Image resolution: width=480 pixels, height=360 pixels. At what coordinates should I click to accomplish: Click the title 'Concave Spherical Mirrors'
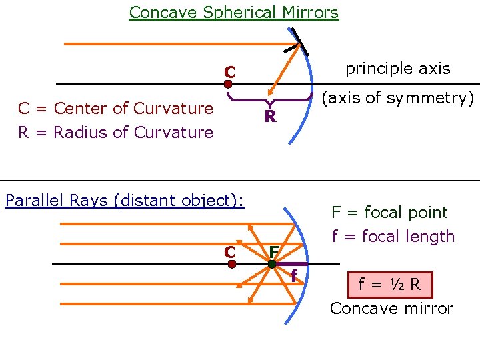click(233, 12)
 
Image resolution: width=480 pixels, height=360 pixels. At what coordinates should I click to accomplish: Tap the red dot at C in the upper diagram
click(228, 85)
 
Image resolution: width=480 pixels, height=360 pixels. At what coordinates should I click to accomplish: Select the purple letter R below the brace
click(270, 117)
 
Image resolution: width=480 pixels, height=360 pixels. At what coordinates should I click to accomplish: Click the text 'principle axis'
click(397, 69)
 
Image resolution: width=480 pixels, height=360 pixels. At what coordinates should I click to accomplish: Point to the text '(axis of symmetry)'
click(397, 98)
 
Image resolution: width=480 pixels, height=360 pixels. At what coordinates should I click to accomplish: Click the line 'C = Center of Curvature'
click(115, 108)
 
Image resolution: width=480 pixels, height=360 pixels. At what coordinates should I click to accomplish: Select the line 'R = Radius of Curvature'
click(115, 132)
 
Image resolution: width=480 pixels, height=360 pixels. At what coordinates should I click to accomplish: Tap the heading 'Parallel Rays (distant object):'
click(125, 200)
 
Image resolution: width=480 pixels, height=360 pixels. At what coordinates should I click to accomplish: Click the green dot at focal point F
click(272, 264)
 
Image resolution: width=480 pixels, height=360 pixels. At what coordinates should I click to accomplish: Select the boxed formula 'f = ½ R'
click(389, 285)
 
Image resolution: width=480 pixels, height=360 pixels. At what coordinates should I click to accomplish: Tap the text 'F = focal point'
click(389, 213)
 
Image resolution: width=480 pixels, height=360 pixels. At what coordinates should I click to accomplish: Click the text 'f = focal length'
click(393, 237)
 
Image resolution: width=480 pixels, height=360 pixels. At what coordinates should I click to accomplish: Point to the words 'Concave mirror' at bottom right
click(391, 309)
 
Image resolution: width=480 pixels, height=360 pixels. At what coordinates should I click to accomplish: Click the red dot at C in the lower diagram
click(231, 264)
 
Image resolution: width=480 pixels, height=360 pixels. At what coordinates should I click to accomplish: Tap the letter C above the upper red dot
click(229, 71)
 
